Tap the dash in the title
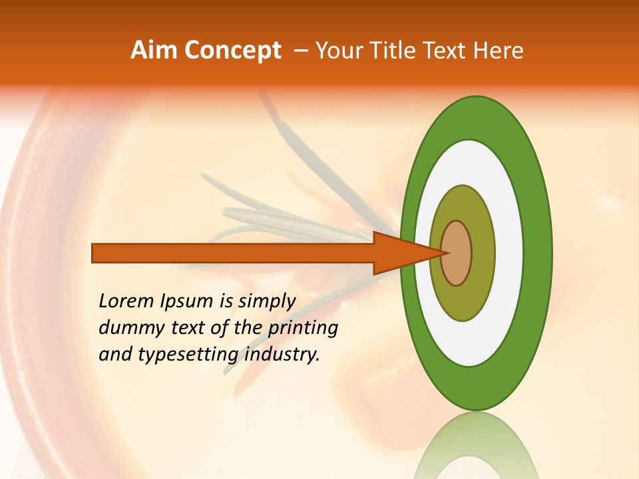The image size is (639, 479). [x=301, y=51]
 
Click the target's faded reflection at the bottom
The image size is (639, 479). [x=476, y=446]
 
